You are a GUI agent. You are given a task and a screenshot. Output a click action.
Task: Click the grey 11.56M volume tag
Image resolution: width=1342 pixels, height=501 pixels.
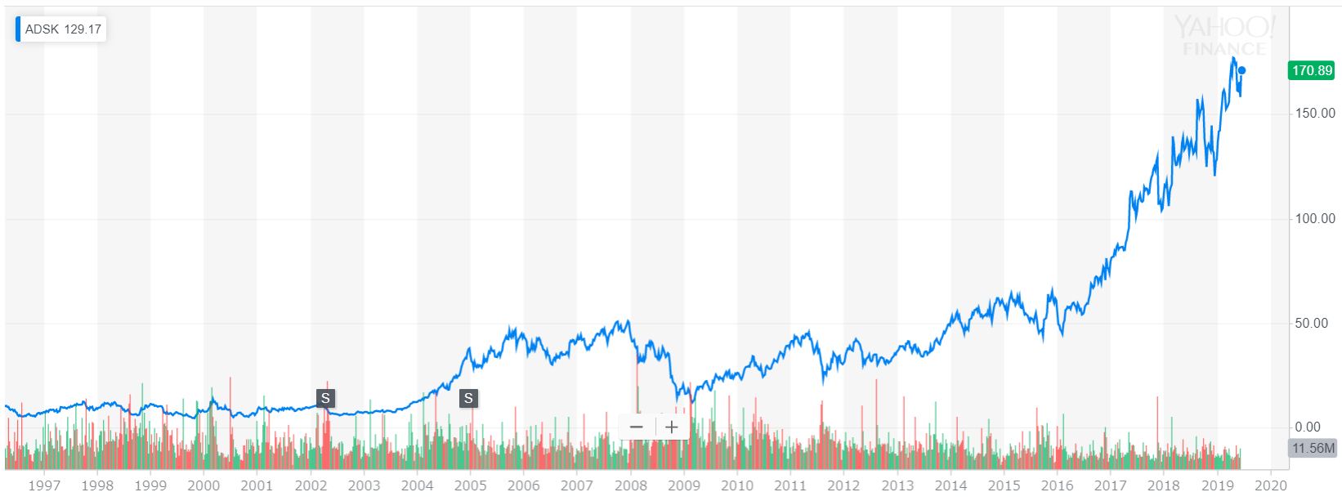pyautogui.click(x=1312, y=449)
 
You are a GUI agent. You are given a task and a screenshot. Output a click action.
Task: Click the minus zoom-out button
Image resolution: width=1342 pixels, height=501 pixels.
pyautogui.click(x=637, y=427)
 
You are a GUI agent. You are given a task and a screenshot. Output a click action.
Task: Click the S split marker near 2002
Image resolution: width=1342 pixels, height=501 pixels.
pyautogui.click(x=325, y=398)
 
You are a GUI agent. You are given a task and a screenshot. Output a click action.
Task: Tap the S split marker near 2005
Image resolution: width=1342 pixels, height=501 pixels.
pyautogui.click(x=468, y=398)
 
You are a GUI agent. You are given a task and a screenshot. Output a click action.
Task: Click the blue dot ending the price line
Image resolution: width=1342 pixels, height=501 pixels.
pyautogui.click(x=1241, y=70)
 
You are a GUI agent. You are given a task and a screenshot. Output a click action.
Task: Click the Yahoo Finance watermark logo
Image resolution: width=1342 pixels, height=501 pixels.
pyautogui.click(x=1223, y=37)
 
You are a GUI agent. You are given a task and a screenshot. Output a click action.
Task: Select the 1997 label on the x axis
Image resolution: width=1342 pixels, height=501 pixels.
pyautogui.click(x=44, y=485)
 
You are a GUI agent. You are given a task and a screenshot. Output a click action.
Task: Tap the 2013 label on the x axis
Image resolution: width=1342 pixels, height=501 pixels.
pyautogui.click(x=897, y=485)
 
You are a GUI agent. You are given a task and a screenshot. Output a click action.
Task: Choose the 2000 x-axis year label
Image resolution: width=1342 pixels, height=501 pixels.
pyautogui.click(x=204, y=485)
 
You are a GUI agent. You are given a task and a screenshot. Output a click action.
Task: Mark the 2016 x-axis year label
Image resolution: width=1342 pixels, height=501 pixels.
pyautogui.click(x=1058, y=485)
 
